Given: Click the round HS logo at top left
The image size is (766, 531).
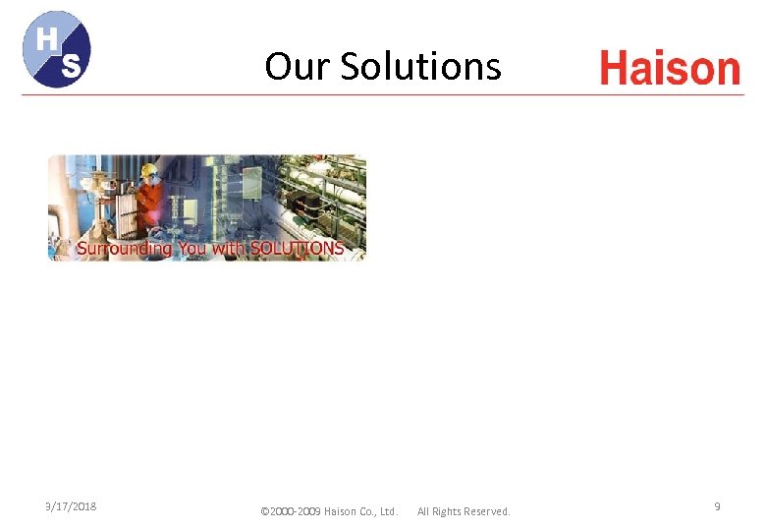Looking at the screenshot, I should (x=57, y=49).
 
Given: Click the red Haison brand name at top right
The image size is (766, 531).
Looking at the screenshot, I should (x=670, y=69).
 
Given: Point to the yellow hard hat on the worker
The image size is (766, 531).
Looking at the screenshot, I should (x=148, y=169).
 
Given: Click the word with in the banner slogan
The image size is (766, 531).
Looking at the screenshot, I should (x=229, y=249).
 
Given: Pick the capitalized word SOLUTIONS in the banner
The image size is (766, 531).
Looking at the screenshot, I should (x=298, y=249).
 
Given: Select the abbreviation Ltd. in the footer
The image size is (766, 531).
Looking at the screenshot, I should (x=389, y=511).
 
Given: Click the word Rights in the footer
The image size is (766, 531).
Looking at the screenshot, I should (x=451, y=511).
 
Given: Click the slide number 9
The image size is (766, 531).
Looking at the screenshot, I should (x=717, y=506).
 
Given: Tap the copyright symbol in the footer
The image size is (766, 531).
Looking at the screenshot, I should (x=264, y=511).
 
